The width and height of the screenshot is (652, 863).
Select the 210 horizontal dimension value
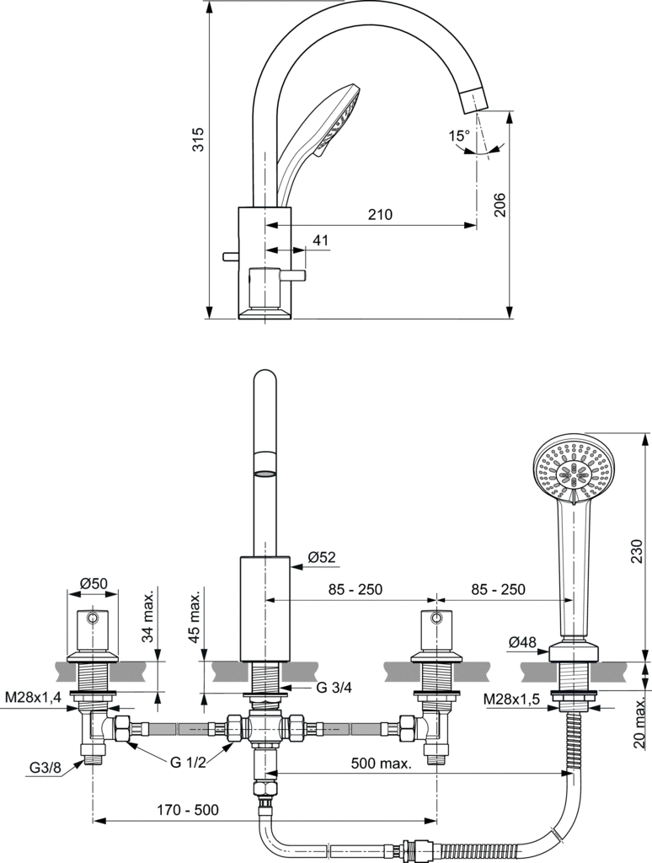(380, 215)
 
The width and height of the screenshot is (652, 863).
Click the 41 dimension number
(320, 241)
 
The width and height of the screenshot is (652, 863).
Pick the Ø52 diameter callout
(322, 556)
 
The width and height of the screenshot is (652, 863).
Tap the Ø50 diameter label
(93, 583)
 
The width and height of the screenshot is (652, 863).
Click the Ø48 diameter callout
(522, 643)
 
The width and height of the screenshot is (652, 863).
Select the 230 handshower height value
(638, 550)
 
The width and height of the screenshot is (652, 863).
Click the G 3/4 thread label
(334, 688)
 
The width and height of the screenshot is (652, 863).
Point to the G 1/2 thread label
(187, 763)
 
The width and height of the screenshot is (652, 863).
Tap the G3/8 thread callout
(44, 768)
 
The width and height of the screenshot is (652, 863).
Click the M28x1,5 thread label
(511, 700)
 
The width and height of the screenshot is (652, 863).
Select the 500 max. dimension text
(382, 764)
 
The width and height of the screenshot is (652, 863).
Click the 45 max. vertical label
(195, 619)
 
